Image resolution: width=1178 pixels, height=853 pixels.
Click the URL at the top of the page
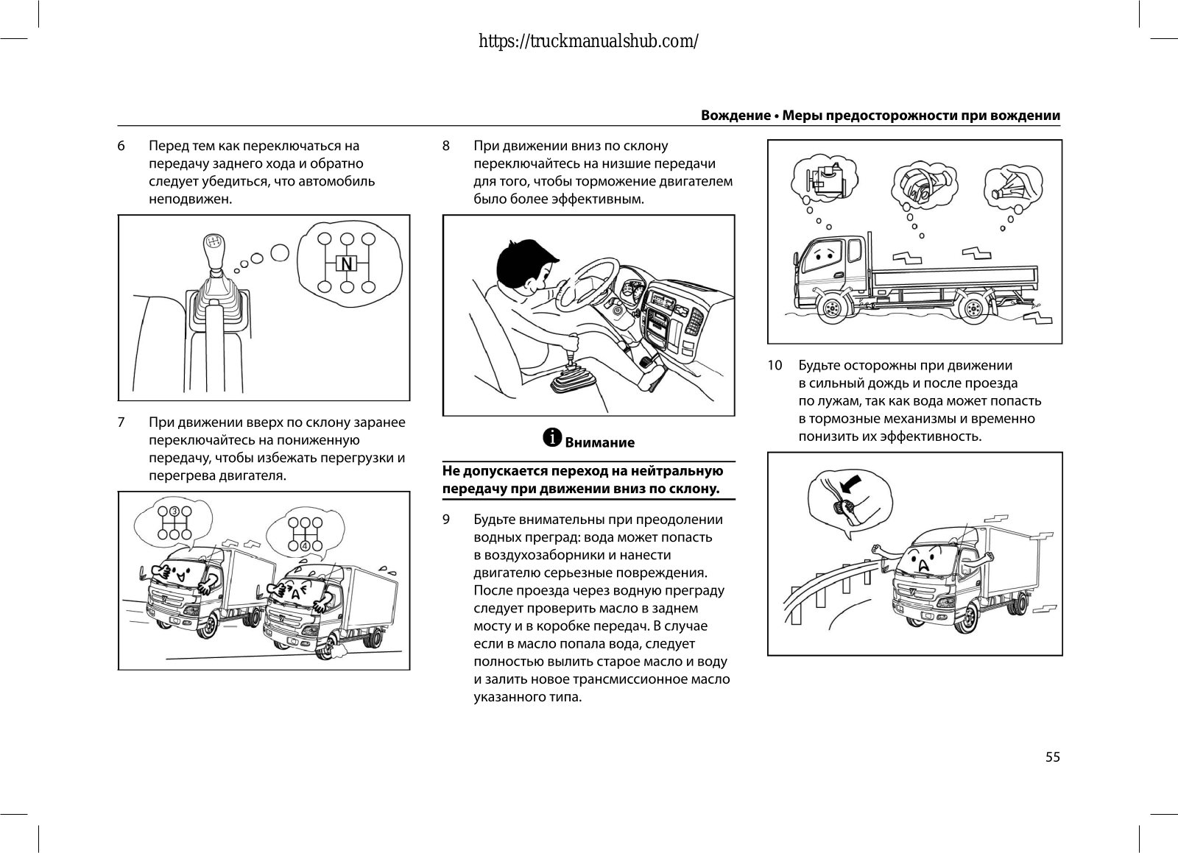point(588,41)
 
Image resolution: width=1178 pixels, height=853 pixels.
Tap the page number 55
point(1052,757)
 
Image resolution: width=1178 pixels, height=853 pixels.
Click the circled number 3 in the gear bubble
point(174,512)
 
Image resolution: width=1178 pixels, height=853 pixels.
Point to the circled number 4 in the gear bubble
point(303,546)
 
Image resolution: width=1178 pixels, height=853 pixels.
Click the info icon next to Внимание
point(552,438)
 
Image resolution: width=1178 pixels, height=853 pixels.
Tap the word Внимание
point(599,442)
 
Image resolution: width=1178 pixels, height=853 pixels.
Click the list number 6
point(121,146)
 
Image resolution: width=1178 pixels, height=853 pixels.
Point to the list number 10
point(775,366)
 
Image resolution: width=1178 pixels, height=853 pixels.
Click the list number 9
point(446,520)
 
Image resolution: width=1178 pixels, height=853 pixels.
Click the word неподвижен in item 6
point(191,199)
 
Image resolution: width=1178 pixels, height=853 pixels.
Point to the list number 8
point(446,146)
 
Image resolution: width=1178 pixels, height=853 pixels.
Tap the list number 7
point(121,422)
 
